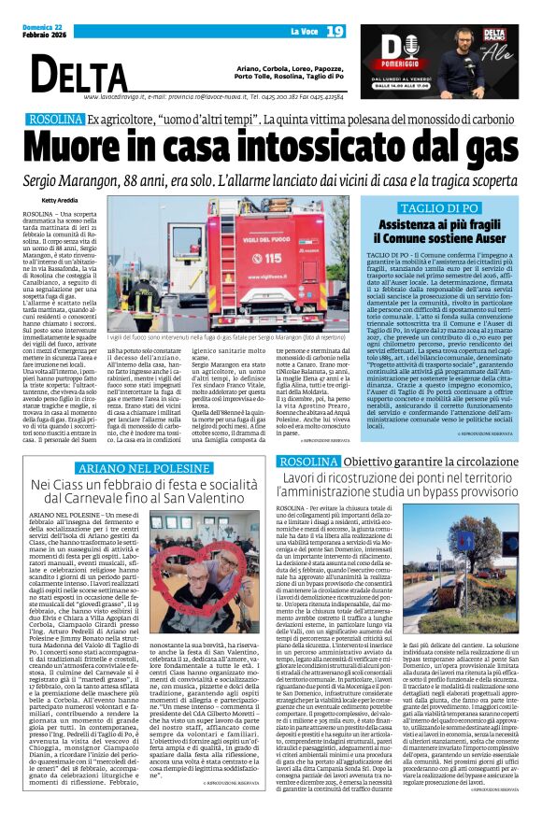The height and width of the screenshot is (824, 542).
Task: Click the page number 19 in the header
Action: [335, 33]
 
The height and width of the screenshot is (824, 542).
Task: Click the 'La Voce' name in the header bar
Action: [302, 33]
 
